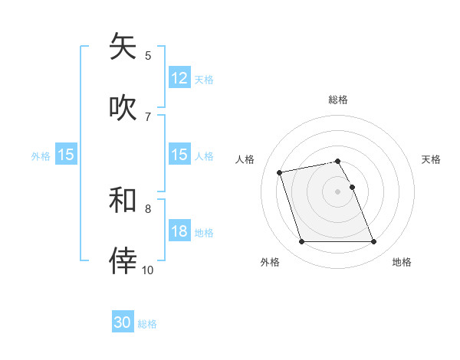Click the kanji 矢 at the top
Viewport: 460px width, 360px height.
coord(123,47)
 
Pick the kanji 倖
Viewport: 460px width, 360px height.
coord(123,260)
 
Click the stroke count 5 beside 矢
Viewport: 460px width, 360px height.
coord(148,55)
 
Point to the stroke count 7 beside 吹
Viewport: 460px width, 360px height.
coord(148,116)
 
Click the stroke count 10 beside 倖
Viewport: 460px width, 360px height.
coord(148,270)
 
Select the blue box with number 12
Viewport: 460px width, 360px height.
coord(179,78)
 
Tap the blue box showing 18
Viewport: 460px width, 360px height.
coord(179,232)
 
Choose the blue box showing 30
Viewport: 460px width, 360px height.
coord(123,323)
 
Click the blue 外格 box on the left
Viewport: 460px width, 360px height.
coord(66,155)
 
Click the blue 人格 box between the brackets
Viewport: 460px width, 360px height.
coord(179,155)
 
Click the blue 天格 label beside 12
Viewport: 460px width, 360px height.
coord(204,79)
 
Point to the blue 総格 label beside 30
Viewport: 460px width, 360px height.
coord(148,324)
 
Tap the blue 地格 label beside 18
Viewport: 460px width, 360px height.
coord(204,233)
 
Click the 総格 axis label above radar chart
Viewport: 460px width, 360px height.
coord(338,100)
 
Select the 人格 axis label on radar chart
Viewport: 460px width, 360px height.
coord(246,159)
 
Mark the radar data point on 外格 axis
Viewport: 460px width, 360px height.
coord(301,242)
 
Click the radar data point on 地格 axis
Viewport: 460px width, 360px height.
coord(373,242)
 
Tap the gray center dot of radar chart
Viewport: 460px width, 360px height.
coord(338,191)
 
